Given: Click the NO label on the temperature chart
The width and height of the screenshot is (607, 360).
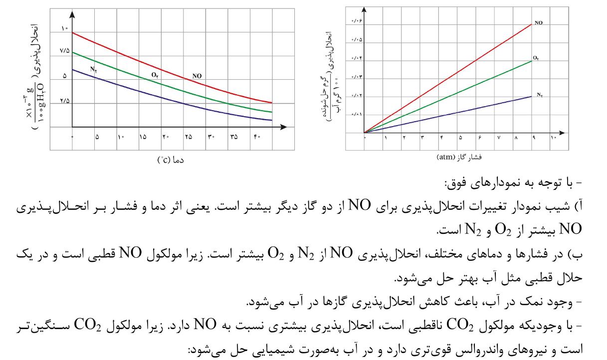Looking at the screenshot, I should (x=197, y=76).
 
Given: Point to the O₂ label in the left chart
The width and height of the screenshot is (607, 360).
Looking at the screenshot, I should (x=155, y=75).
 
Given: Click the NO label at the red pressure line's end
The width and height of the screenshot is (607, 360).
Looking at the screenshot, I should (x=539, y=23).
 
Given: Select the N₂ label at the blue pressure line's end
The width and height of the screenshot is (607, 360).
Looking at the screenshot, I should (x=540, y=94).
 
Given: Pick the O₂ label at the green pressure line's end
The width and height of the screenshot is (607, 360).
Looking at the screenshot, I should (x=536, y=58).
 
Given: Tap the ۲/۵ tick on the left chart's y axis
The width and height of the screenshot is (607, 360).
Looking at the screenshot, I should (x=65, y=102).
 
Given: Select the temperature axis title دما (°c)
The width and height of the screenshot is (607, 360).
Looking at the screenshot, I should (x=171, y=160).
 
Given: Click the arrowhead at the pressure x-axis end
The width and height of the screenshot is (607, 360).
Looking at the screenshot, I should (x=563, y=133).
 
